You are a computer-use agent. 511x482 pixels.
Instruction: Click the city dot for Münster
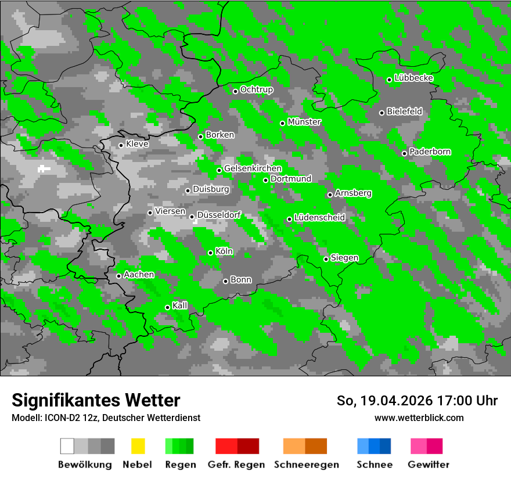coord(283,123)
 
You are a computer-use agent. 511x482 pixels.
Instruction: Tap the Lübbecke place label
coord(413,78)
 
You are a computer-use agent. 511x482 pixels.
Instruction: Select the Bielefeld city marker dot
coord(382,113)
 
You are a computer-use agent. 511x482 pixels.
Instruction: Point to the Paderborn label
coord(430,152)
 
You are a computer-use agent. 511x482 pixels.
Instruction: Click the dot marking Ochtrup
coord(236,91)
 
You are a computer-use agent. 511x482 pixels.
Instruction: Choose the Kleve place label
coord(137,144)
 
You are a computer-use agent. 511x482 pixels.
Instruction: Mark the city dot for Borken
coord(201,136)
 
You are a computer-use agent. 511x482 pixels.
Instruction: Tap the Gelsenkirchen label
coord(253,168)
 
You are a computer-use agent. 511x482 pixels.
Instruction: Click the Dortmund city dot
coord(266,180)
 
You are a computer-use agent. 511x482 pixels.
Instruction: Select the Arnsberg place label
coord(353,193)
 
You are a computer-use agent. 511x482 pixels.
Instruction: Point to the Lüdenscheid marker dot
coord(289,219)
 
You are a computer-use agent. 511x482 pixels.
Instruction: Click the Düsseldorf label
coord(219,215)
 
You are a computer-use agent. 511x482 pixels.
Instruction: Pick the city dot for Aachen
coord(119,276)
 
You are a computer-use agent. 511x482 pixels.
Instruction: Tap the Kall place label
coord(180,305)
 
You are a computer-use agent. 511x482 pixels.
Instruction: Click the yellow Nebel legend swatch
coord(138,446)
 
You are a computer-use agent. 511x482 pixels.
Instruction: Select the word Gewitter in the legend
coord(429,465)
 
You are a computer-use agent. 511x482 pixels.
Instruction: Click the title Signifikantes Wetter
coord(96,400)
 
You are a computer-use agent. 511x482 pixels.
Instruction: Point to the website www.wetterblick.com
coord(419,418)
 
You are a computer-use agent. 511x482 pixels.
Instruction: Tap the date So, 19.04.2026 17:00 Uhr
coord(417,401)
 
